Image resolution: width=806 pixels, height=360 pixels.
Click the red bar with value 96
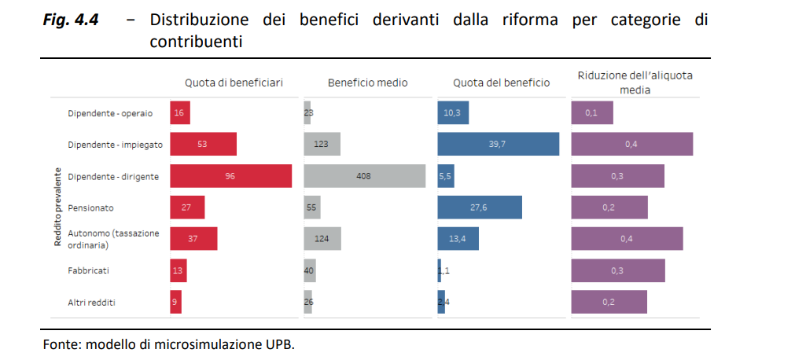230,176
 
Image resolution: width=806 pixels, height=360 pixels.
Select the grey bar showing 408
364,176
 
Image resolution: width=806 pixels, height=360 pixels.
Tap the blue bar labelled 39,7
498,145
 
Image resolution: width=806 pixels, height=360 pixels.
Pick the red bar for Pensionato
187,208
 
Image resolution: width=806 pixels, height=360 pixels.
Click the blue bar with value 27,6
480,208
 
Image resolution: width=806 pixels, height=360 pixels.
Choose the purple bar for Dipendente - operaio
592,113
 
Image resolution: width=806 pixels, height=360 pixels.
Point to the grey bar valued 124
322,239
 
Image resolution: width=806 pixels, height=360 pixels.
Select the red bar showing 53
203,145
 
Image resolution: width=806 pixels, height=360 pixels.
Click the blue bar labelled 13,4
458,239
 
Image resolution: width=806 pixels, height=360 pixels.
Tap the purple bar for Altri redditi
609,302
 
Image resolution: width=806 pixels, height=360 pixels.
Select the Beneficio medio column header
367,83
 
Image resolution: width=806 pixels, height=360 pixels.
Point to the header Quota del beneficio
501,83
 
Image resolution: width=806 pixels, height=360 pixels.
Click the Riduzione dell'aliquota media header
640,83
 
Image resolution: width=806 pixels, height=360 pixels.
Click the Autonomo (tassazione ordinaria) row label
113,239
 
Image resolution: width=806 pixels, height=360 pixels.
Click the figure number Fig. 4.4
71,20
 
